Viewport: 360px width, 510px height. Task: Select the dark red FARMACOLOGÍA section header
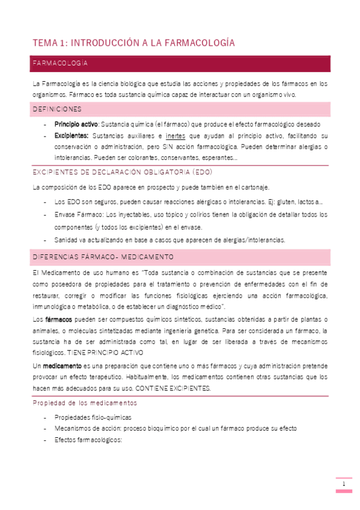coord(61,63)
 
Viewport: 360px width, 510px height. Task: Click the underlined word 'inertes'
coord(175,136)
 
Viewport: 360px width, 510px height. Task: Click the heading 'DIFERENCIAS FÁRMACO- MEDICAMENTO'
coord(103,257)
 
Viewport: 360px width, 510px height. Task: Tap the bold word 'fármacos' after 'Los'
coord(58,318)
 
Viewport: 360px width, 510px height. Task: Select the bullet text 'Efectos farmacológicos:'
coord(88,440)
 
